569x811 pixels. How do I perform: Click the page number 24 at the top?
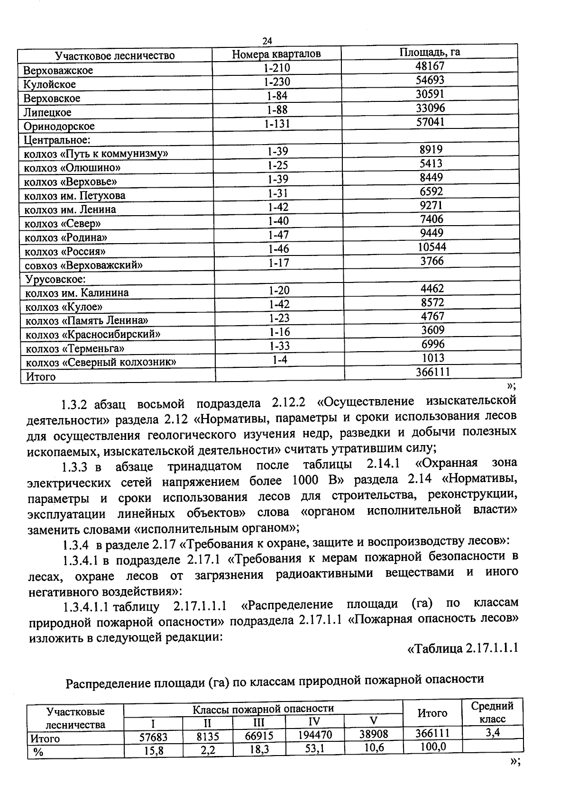[267, 41]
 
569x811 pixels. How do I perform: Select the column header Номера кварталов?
[276, 54]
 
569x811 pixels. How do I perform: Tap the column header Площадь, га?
[430, 52]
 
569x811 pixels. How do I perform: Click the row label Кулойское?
[50, 85]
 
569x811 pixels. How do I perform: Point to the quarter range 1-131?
[277, 124]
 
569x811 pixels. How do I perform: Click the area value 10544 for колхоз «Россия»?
[432, 247]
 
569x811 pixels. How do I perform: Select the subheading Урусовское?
[55, 279]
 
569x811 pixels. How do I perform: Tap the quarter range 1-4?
[280, 360]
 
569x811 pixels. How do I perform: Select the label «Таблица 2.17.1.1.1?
[463, 648]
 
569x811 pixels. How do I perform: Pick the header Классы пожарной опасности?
[263, 709]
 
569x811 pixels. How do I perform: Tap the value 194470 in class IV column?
[315, 735]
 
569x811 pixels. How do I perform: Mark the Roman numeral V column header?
[374, 721]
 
